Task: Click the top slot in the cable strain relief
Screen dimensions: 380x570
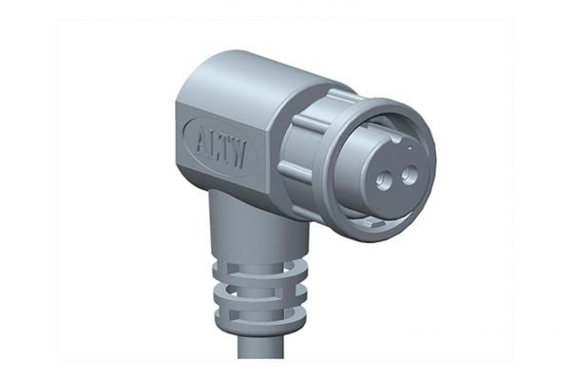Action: pos(252,265)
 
